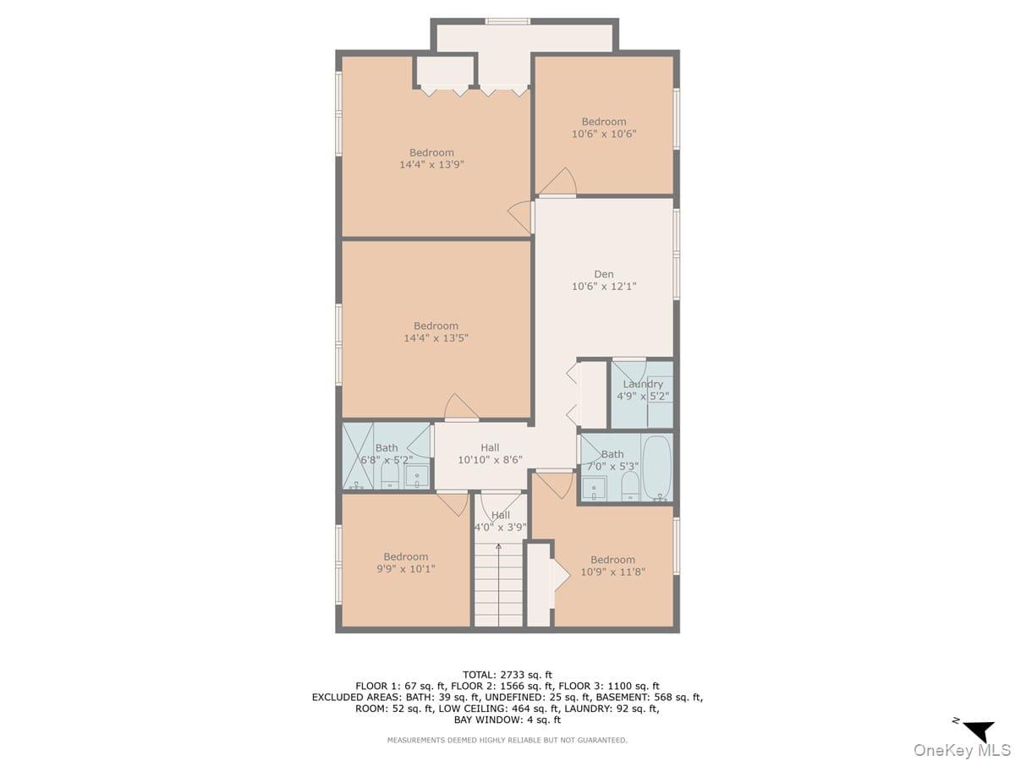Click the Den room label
point(604,274)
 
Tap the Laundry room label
point(643,384)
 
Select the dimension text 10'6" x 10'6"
point(604,134)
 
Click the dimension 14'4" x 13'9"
point(431,165)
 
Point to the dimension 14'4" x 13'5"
point(436,338)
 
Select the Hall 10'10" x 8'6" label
point(490,454)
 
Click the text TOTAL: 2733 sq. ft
point(507,674)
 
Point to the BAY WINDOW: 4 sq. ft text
point(507,720)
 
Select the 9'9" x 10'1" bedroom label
point(405,562)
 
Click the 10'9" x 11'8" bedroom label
point(612,566)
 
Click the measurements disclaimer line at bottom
point(507,740)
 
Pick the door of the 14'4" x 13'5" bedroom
point(461,408)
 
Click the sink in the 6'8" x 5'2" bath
point(417,477)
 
